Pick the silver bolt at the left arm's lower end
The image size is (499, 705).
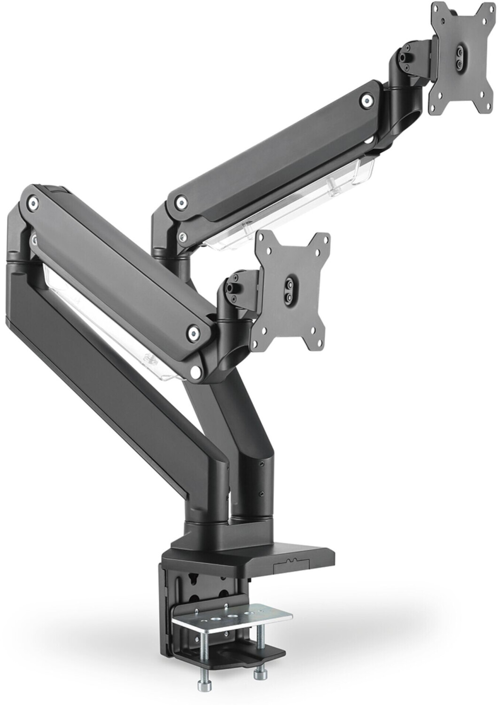(193, 333)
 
